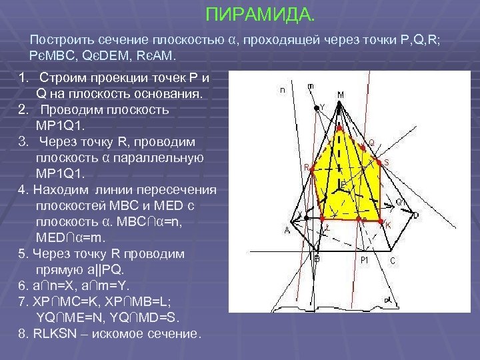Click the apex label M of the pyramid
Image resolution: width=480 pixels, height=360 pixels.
tap(341, 95)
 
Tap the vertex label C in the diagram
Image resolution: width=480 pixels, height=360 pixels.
tap(393, 261)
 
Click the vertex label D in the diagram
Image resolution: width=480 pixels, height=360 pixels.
tap(416, 216)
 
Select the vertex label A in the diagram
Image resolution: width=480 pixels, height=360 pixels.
tap(287, 231)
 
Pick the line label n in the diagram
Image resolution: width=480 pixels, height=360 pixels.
tap(283, 90)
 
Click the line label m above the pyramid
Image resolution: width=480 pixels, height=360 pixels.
tap(311, 86)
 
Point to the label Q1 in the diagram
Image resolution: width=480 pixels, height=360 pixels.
tap(401, 201)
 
